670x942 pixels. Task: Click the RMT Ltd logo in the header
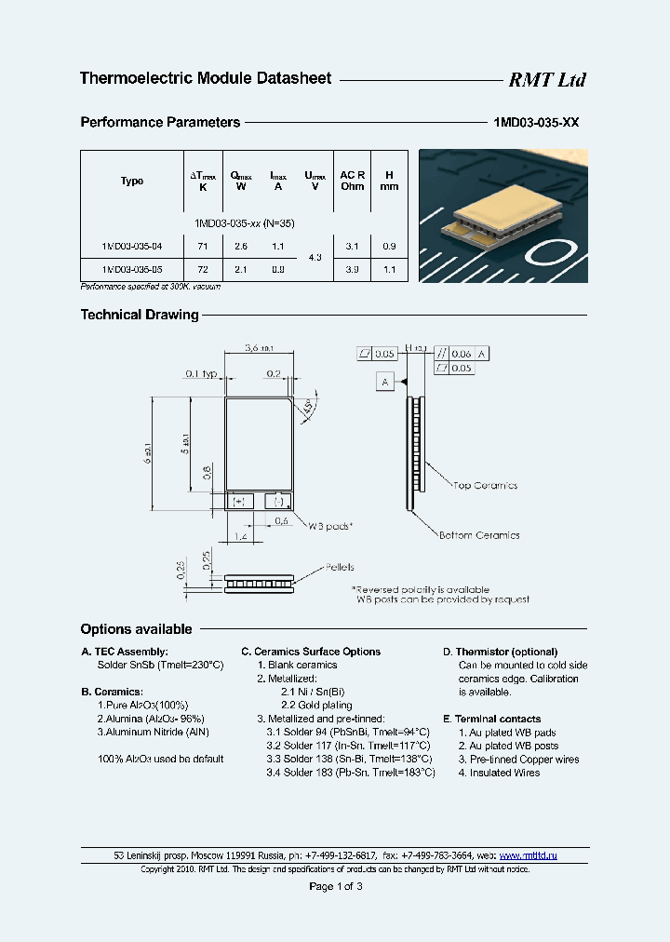coord(546,80)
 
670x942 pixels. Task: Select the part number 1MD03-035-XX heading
coord(535,123)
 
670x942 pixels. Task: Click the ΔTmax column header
coord(203,181)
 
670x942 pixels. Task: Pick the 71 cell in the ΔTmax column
coord(203,246)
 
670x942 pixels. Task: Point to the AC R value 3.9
coord(352,269)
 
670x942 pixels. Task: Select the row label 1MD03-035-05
coord(132,269)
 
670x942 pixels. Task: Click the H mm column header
coord(389,181)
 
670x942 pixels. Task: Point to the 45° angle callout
coord(306,408)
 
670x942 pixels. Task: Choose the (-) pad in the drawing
coord(276,501)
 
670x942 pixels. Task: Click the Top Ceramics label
coord(485,485)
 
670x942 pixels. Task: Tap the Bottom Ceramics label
coord(478,535)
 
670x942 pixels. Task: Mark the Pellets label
coord(339,567)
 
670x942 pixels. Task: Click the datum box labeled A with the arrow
coord(385,381)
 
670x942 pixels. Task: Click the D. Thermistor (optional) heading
coord(500,652)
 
